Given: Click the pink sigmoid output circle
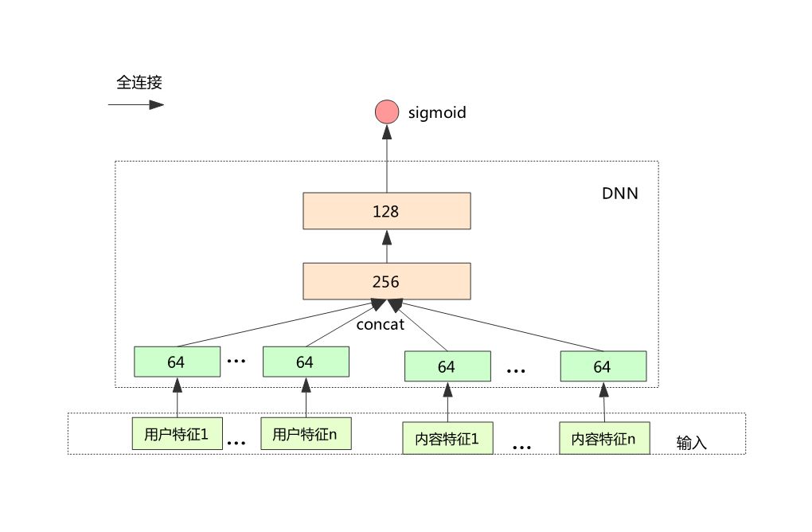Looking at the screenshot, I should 387,112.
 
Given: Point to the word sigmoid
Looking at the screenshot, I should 436,113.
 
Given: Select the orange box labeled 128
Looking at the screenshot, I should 387,212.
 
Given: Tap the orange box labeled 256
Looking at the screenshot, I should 387,282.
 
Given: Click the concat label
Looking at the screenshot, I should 381,324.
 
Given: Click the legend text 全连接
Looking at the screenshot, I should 139,82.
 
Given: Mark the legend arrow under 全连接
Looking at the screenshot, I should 136,104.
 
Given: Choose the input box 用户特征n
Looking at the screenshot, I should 305,434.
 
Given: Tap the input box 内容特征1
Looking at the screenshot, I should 447,438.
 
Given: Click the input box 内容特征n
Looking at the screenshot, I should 603,438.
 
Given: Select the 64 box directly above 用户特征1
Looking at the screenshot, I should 177,362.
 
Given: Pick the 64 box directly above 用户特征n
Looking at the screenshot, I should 305,362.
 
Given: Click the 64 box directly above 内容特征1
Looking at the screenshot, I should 447,366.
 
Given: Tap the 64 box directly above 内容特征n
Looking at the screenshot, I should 603,366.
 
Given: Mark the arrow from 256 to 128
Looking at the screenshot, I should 387,247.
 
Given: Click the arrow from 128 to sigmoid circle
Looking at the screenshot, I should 387,159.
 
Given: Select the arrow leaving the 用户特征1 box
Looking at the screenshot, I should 177,397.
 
